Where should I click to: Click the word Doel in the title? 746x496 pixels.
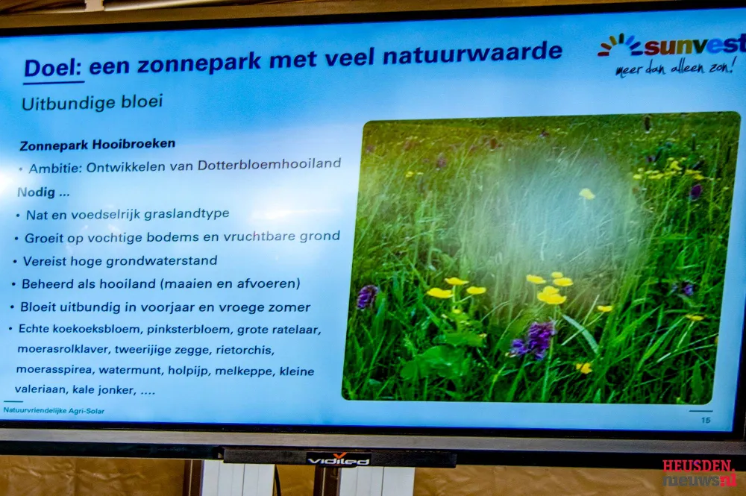coord(53,68)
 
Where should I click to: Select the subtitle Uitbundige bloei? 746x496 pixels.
coord(93,102)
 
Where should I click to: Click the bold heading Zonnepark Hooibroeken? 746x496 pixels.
coord(98,144)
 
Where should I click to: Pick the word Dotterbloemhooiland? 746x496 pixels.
coord(269,165)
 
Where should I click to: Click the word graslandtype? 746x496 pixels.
coord(187,214)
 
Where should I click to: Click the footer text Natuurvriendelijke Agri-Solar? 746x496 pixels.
coord(54,410)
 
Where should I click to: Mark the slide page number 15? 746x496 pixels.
coord(706,419)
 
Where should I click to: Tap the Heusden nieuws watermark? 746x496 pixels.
coord(700,473)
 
